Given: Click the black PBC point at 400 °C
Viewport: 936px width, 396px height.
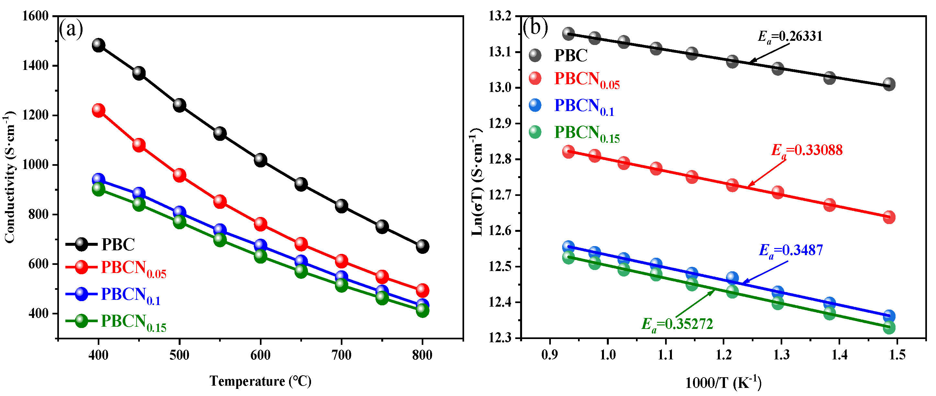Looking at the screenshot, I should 98,45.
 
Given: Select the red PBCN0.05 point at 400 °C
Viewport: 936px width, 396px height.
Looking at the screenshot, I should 98,110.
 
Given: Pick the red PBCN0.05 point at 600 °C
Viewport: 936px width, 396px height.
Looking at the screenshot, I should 261,224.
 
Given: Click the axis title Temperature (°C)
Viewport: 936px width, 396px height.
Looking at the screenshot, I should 260,381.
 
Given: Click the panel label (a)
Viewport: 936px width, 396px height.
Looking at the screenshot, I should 71,29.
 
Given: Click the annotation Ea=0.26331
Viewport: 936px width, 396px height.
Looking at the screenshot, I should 790,36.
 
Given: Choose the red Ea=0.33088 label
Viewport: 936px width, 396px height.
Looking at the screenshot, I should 807,150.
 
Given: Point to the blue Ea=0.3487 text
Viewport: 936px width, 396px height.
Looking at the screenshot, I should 791,250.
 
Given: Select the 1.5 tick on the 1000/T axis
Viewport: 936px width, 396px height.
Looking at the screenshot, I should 897,355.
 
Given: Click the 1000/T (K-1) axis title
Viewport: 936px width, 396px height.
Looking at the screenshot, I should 723,382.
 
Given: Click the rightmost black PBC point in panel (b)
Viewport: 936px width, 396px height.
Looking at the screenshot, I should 889,85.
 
